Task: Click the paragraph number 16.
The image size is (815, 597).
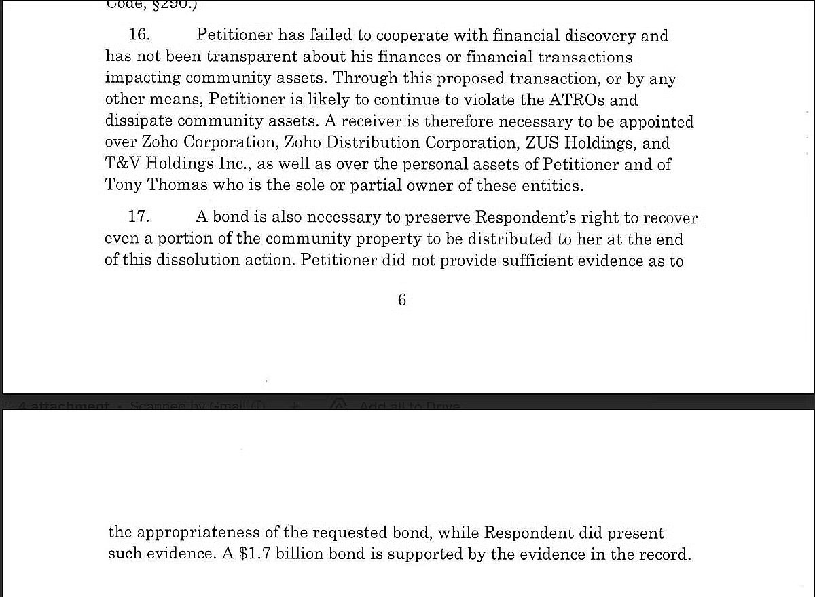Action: point(139,35)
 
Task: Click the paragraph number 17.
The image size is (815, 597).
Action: point(139,218)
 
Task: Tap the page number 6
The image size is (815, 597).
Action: point(402,300)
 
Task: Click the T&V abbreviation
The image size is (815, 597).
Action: point(123,165)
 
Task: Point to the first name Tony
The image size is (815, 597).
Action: point(124,185)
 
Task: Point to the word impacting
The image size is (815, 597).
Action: point(141,79)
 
